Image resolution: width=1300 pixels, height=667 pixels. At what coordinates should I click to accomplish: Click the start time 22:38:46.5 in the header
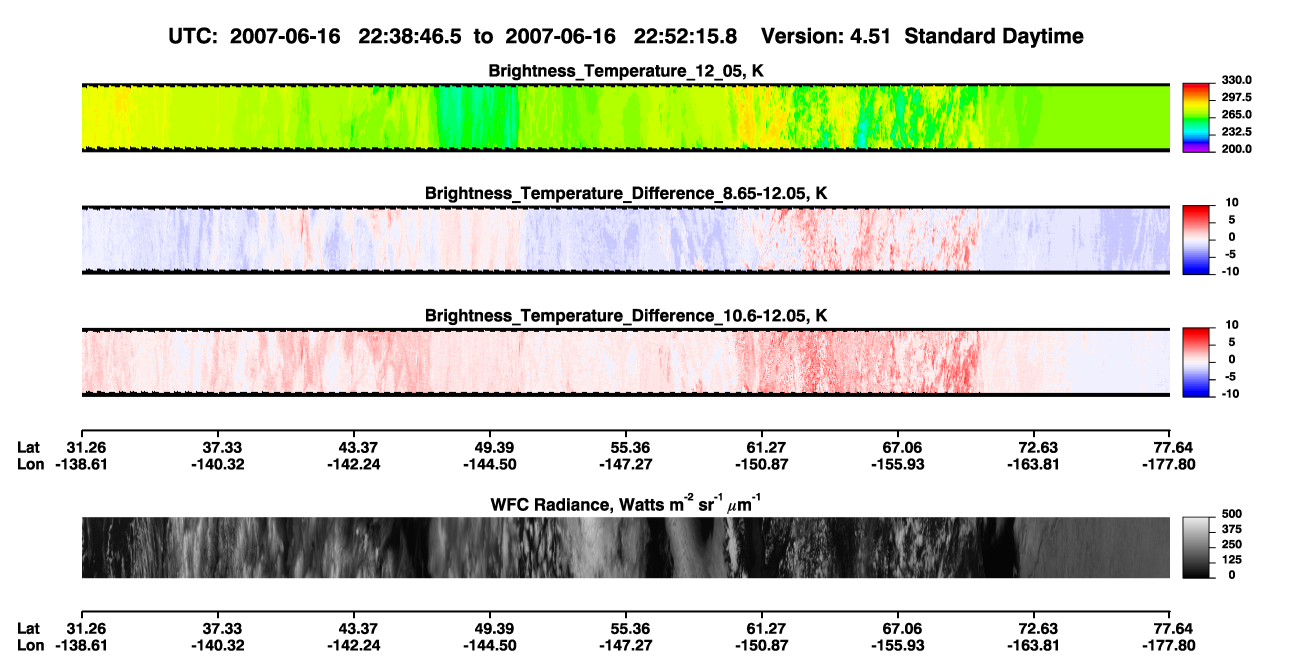tap(409, 37)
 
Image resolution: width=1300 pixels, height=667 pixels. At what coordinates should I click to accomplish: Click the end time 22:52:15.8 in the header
tap(685, 37)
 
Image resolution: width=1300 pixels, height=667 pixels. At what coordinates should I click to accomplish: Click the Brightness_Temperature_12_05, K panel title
tap(626, 71)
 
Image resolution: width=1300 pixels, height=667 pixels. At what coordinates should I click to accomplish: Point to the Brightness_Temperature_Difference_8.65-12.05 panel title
tap(626, 193)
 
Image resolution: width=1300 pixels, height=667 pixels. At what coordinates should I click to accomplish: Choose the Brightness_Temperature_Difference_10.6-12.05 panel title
tap(626, 316)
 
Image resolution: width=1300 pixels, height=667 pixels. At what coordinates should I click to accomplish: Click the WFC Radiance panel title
tap(626, 504)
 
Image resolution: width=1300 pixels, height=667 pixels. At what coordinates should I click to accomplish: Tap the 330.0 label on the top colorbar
tap(1236, 80)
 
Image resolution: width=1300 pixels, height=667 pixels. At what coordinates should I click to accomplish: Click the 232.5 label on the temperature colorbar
tap(1236, 132)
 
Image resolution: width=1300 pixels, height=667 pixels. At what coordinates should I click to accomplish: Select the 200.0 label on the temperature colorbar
tap(1236, 149)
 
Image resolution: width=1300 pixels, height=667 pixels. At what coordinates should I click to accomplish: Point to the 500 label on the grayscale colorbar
tap(1232, 514)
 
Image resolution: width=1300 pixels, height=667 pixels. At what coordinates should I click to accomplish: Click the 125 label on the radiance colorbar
tap(1232, 560)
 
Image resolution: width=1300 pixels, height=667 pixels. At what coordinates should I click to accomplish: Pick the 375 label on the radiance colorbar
tap(1232, 529)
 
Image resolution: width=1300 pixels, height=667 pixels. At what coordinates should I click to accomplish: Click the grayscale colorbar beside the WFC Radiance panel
tap(1196, 547)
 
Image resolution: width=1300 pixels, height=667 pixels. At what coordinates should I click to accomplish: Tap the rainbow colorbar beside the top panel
tap(1196, 118)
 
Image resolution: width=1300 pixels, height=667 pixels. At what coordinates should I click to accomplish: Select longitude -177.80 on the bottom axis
tap(1169, 646)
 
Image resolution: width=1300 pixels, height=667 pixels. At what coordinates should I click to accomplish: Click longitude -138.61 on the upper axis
tap(81, 464)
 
